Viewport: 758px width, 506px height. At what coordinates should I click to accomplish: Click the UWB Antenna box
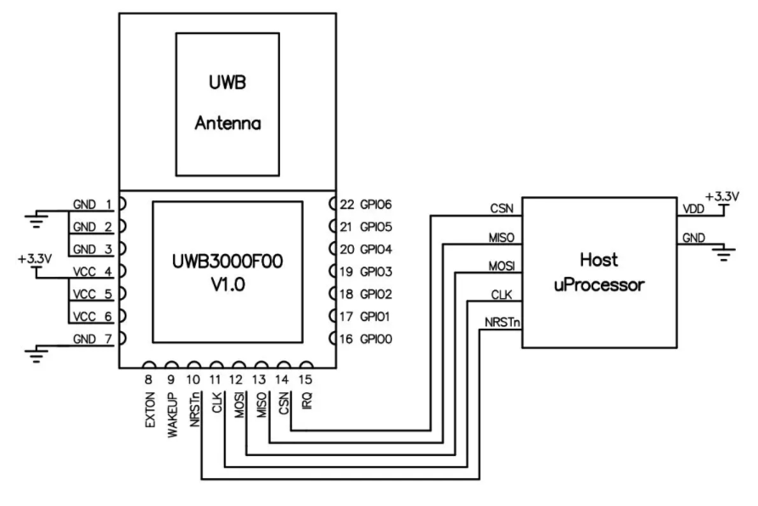point(227,104)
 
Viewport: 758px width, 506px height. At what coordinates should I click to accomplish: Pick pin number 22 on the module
point(346,205)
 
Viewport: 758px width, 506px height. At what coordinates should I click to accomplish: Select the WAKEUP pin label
point(171,413)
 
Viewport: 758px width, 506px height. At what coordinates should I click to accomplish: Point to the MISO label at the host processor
point(500,237)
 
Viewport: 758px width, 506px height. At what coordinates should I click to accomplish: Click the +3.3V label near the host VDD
point(722,196)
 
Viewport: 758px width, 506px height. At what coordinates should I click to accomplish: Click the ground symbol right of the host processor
point(722,252)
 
